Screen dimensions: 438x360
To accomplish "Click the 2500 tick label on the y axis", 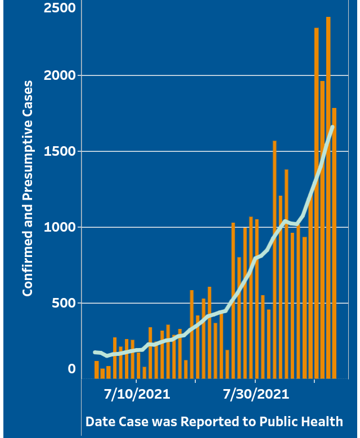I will (x=60, y=8).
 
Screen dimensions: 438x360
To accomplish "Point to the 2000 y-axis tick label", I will (x=60, y=75).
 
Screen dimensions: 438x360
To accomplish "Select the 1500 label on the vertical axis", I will (x=60, y=151).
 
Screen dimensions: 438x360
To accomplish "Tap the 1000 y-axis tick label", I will (x=60, y=227).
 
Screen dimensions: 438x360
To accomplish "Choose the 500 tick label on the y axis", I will (x=64, y=303).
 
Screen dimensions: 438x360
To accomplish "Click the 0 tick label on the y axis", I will (x=71, y=369).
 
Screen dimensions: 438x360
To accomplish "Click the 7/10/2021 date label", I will (x=137, y=394).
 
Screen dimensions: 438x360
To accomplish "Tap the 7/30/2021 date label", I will (x=256, y=394).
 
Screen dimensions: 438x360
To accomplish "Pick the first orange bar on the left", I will (x=97, y=369).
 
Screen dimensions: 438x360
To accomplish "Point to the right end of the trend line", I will (x=332, y=127).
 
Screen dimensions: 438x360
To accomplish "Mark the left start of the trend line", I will (x=95, y=352).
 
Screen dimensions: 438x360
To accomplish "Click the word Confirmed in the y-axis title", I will (x=28, y=264).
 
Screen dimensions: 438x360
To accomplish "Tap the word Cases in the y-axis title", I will (x=28, y=98).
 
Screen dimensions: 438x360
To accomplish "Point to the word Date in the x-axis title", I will (x=99, y=422).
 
